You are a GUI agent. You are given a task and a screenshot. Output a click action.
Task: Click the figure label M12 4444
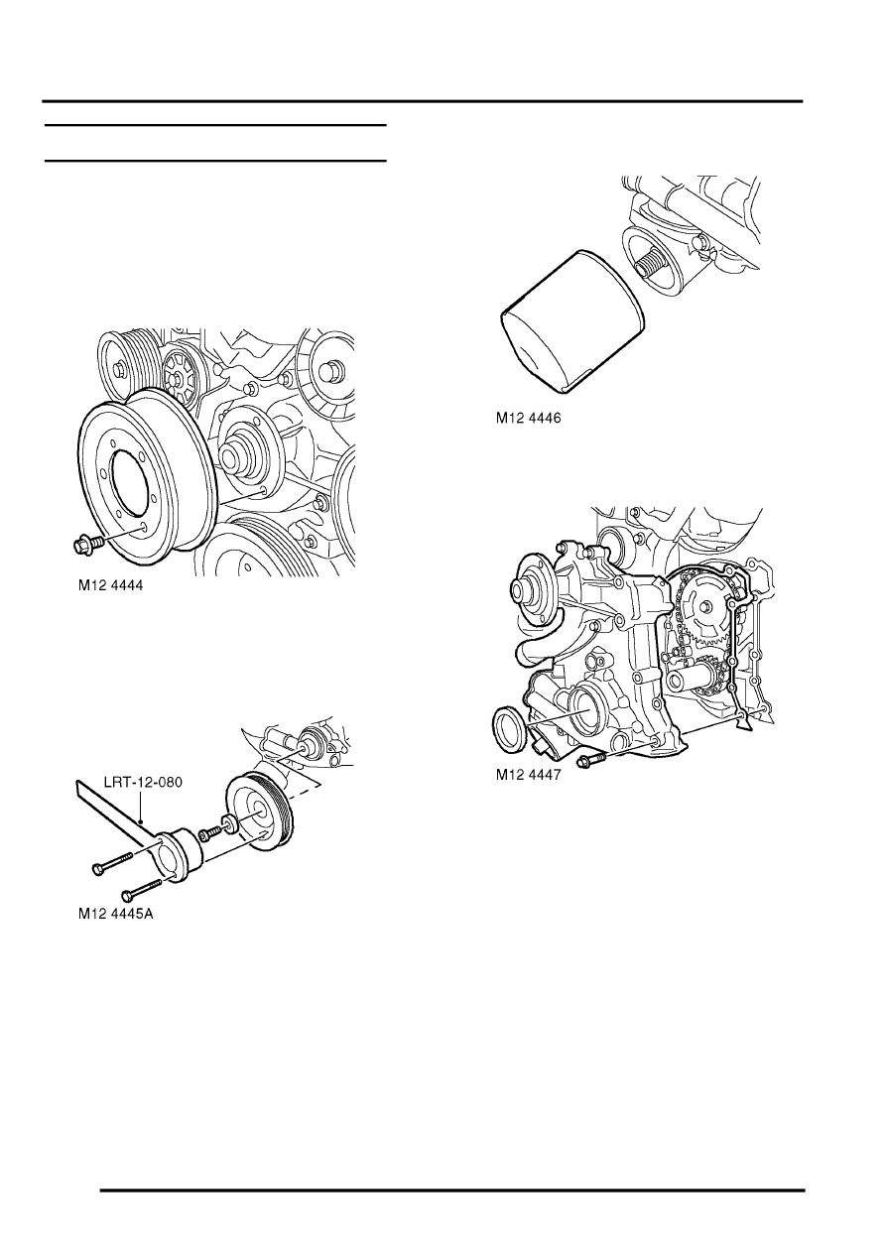click(110, 585)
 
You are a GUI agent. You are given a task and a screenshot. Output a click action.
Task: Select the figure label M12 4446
click(528, 418)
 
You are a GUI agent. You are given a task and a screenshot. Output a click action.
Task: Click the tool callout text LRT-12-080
click(144, 782)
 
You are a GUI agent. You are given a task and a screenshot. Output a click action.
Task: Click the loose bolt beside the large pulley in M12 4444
click(88, 544)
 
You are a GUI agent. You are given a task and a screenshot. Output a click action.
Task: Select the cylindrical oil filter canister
click(570, 320)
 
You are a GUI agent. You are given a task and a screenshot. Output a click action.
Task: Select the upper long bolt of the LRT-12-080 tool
click(111, 863)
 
